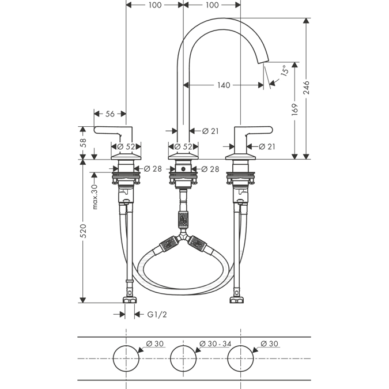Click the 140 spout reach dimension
click(224, 85)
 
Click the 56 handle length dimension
click(109, 114)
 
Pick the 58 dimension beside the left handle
click(83, 142)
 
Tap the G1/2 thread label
click(157, 314)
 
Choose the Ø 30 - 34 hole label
click(215, 343)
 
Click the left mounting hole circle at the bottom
click(126, 358)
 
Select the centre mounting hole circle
click(183, 358)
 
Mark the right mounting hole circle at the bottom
click(241, 358)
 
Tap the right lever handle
click(254, 130)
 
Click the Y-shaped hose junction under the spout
click(183, 236)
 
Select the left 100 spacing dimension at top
click(154, 5)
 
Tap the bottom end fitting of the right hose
click(236, 298)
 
